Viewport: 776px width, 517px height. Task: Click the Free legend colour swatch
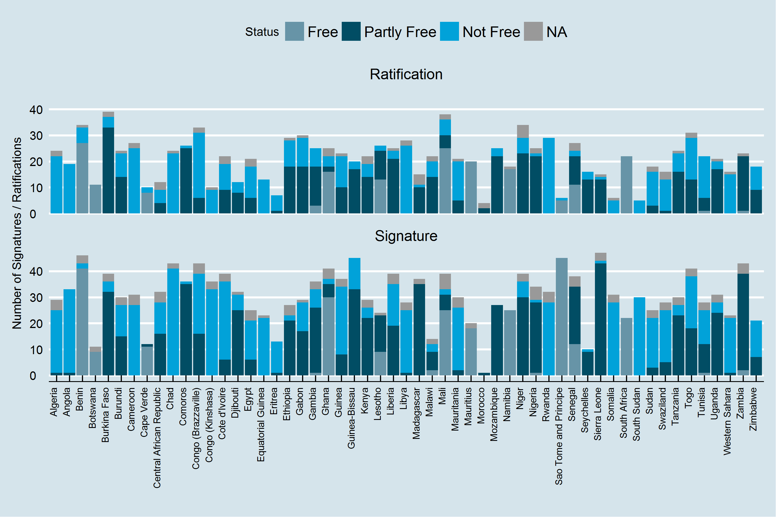(294, 32)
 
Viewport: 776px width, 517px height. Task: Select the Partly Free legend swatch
(351, 32)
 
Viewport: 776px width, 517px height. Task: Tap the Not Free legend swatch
(450, 32)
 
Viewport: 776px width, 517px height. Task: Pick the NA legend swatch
(533, 32)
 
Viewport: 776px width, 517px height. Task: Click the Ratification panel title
(406, 74)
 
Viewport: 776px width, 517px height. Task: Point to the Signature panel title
(406, 236)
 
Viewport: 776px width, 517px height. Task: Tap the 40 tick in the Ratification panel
(36, 110)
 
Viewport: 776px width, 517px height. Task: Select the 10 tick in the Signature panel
(36, 350)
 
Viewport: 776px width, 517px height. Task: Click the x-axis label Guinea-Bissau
(351, 418)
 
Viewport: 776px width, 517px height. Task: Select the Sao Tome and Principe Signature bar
(562, 317)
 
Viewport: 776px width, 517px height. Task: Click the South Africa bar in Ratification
(626, 185)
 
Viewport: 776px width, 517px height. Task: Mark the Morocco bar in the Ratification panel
(484, 209)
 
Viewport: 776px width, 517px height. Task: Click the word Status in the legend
(262, 32)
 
